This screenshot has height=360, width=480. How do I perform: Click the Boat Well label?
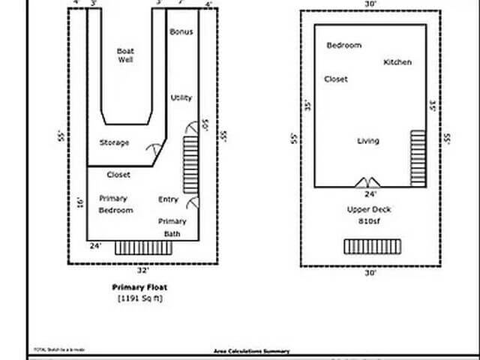(x=125, y=55)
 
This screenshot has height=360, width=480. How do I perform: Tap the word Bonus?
(x=181, y=32)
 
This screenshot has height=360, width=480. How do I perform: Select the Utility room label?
(x=181, y=98)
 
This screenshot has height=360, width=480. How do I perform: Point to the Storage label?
(x=114, y=142)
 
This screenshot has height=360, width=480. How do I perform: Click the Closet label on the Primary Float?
(x=118, y=175)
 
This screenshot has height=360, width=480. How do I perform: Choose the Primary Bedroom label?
(x=115, y=205)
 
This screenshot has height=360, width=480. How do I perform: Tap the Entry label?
(x=168, y=199)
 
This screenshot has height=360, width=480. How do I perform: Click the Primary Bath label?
(x=172, y=227)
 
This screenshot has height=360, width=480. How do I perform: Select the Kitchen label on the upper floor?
(x=397, y=62)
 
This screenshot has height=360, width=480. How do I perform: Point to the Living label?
(x=368, y=141)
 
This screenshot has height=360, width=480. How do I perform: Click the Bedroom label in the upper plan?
(x=343, y=46)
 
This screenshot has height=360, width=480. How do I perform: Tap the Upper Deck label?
(x=369, y=210)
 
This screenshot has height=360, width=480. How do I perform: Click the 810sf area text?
(x=369, y=222)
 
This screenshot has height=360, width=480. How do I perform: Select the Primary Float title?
(x=140, y=287)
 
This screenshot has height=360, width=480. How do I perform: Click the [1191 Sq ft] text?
(x=140, y=298)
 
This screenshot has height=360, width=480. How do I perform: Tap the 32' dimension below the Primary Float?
(x=142, y=270)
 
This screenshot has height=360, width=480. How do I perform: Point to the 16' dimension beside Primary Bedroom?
(x=79, y=202)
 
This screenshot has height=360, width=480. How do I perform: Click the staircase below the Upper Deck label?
(x=373, y=246)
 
